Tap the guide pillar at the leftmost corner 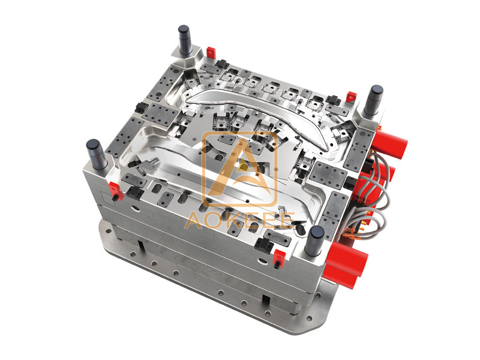click(96, 154)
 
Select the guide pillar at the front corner click(316, 241)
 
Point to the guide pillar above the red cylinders click(373, 100)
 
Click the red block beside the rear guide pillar click(211, 52)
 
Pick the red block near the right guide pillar click(351, 96)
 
